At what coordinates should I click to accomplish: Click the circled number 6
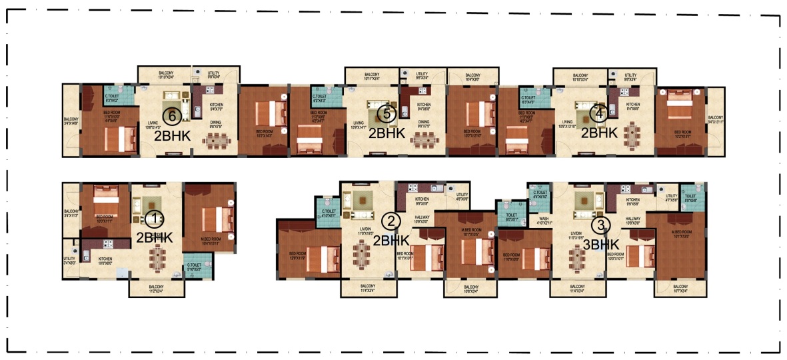click(172, 117)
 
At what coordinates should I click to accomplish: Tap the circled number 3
click(602, 225)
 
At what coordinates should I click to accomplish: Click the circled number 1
click(155, 219)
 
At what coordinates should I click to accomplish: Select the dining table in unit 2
click(363, 252)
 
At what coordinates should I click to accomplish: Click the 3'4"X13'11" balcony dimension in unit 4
click(715, 122)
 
